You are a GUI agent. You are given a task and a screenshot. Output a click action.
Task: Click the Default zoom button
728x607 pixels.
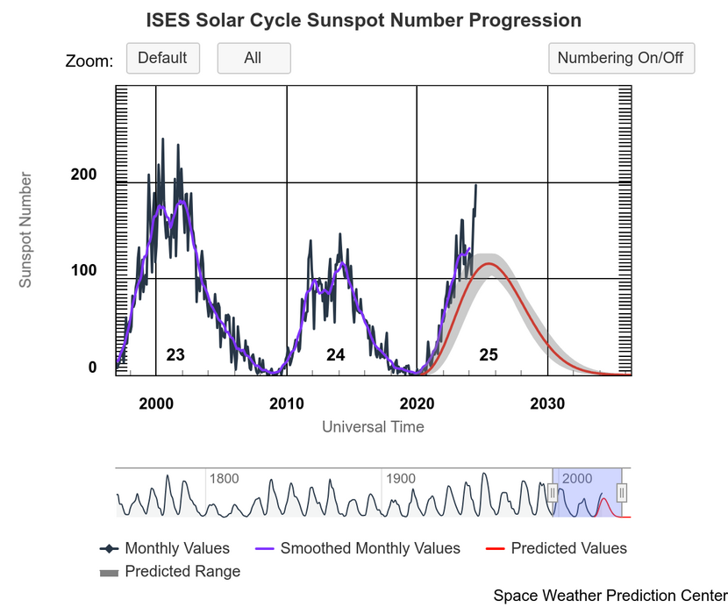pos(163,59)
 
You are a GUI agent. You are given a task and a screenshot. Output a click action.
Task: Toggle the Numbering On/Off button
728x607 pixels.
pos(621,59)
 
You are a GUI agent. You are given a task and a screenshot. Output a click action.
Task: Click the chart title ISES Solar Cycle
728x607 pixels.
pos(363,20)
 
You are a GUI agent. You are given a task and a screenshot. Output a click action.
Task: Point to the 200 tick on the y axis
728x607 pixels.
pos(84,175)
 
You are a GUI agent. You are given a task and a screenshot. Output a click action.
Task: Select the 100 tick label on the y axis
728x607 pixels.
pos(84,271)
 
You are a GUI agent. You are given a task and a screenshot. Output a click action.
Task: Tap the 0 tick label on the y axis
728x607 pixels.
pos(92,368)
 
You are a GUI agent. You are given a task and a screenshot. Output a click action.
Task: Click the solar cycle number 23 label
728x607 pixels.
pos(175,355)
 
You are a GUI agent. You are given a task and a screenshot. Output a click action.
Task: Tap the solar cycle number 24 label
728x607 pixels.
pos(336,355)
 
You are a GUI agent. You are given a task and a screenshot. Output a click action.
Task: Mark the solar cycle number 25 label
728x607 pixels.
pos(489,355)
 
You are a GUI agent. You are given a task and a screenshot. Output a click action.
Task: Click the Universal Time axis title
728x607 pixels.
pos(373,427)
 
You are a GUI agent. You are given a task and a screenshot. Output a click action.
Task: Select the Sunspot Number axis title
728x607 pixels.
pos(26,230)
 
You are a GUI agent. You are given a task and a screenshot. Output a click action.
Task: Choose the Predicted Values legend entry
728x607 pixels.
pos(568,548)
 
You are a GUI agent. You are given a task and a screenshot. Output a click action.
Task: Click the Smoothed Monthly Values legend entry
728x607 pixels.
pos(369,548)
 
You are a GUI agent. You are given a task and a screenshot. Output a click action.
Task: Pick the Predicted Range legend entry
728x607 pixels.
pos(182,571)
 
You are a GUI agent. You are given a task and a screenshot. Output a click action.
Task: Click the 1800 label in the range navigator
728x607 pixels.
pos(224,479)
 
